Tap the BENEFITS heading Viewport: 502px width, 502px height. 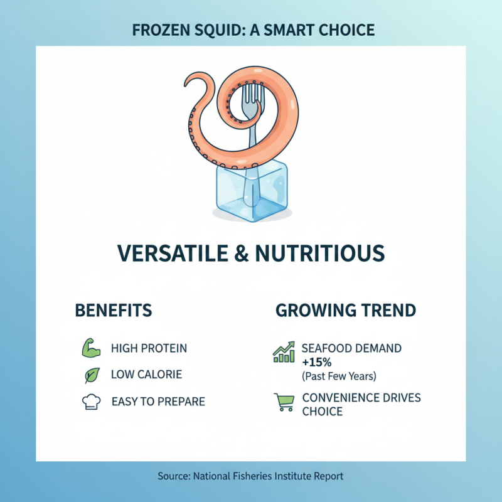(x=113, y=310)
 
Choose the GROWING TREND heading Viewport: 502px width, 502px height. (x=345, y=310)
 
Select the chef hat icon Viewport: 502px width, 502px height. (x=92, y=402)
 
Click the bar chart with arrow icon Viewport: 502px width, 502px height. (x=284, y=352)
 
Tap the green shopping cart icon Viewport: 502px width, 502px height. (x=284, y=402)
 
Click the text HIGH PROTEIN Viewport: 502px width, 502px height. (x=149, y=348)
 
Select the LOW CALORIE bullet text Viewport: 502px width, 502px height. (x=146, y=375)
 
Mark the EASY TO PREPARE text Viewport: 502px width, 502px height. (x=158, y=401)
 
